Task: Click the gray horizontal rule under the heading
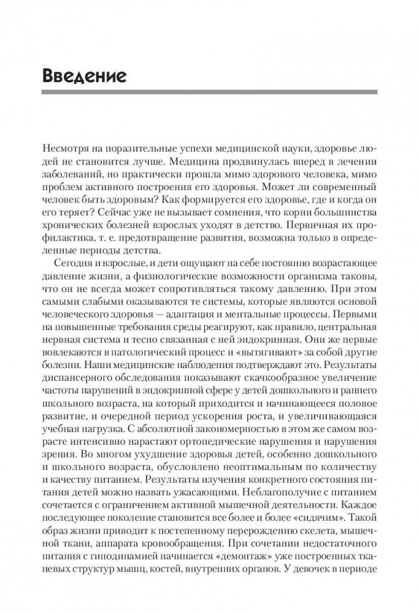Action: [209, 92]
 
